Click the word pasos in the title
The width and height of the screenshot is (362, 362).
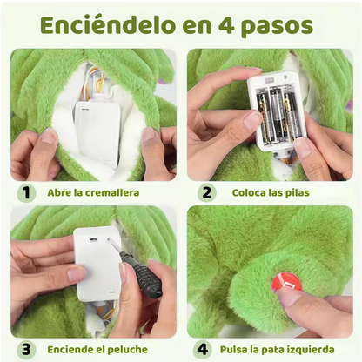pos(284,25)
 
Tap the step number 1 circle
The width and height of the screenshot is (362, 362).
pos(28,192)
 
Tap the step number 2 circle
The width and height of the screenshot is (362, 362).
pos(206,192)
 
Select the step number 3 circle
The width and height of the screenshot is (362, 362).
pos(28,349)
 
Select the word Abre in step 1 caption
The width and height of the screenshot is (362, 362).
pos(59,192)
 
